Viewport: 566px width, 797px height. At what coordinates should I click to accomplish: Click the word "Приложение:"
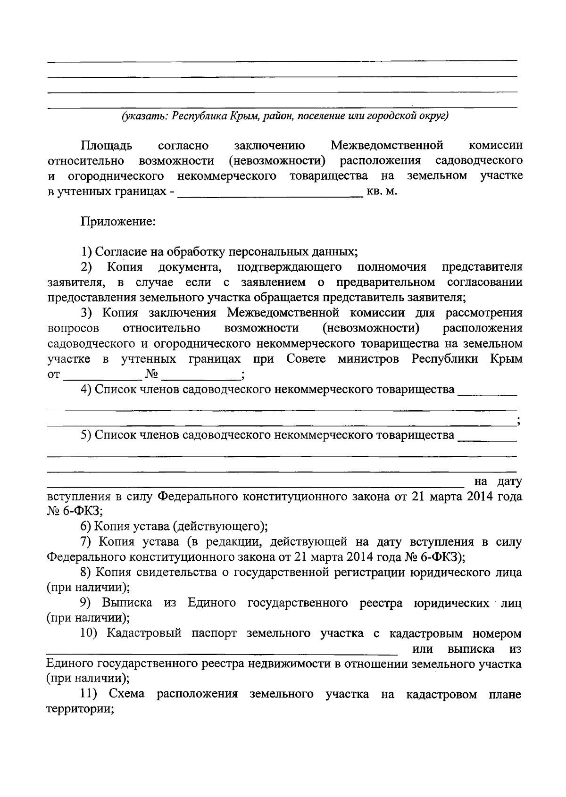pos(118,221)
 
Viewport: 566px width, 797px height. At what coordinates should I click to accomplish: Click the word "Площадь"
pos(107,145)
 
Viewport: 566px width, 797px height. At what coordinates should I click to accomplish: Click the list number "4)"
pos(86,390)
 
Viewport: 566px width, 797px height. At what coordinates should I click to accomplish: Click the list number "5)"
pos(86,435)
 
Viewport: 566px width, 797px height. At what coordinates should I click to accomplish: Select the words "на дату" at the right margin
pos(498,482)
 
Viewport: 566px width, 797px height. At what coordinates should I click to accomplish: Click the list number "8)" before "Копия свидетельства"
pos(86,573)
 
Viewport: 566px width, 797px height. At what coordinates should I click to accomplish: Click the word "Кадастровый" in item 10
pos(144,633)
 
